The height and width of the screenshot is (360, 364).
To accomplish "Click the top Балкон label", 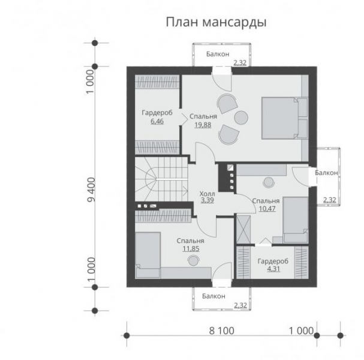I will click(x=217, y=54).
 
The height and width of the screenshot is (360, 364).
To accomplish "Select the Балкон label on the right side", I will click(x=326, y=173).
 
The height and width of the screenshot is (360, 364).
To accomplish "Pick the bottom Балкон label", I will click(x=213, y=296).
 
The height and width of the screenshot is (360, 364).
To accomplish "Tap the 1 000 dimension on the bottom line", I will click(x=301, y=331).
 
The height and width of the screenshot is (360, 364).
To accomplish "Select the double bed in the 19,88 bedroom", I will click(x=282, y=118).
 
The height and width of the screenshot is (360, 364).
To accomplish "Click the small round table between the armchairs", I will click(x=241, y=116).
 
